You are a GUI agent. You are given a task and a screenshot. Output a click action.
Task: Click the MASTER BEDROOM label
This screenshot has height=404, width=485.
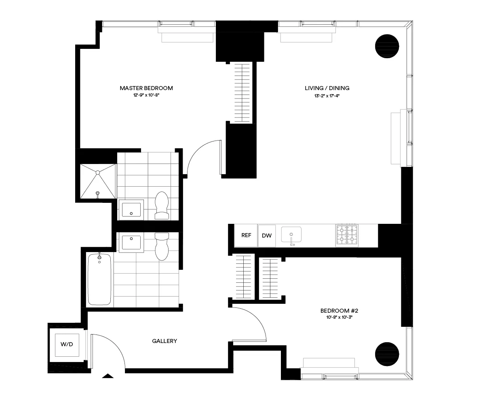point(146,88)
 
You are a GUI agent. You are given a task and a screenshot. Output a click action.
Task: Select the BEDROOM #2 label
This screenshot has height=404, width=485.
point(339,311)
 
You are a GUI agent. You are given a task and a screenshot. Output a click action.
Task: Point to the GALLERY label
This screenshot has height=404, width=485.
point(164,341)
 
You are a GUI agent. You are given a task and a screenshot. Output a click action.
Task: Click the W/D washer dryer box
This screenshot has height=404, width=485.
point(67,345)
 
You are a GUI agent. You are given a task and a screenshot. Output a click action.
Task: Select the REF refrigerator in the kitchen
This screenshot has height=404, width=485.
point(246,236)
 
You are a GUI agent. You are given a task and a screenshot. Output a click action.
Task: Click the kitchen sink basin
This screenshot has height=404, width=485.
point(292,234)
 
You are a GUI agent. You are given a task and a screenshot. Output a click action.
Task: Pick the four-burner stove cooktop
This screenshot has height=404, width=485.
point(347,235)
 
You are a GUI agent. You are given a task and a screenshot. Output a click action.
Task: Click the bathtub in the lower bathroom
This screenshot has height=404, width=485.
point(99,279)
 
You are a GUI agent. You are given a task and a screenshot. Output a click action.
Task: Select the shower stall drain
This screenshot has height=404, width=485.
point(97,173)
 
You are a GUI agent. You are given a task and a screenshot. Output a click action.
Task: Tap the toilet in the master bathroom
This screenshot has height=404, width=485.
point(162,205)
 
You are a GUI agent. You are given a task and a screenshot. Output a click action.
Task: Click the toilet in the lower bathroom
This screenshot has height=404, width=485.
point(162,246)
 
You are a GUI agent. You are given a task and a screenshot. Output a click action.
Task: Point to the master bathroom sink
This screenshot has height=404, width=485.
point(131,209)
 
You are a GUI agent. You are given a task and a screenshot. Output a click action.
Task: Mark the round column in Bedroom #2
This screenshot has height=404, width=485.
point(387,354)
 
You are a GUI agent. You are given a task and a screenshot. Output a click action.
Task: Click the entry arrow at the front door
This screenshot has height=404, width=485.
point(107,376)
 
